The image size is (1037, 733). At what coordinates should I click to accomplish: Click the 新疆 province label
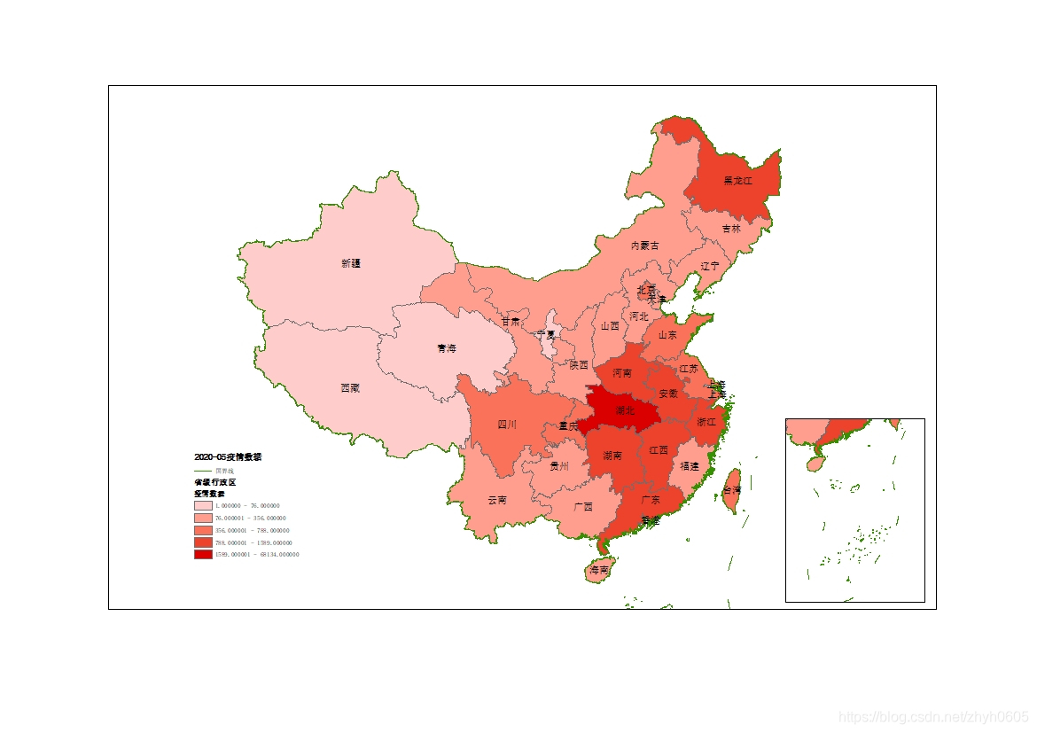point(351,263)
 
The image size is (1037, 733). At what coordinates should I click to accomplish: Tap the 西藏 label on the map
point(350,388)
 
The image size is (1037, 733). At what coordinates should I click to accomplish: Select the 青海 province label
point(447,349)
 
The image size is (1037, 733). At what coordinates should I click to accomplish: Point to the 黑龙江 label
point(737,181)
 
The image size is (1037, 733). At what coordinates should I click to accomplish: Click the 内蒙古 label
point(644,246)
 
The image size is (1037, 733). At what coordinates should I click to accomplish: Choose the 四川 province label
point(506,425)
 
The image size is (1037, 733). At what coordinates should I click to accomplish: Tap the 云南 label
point(497,500)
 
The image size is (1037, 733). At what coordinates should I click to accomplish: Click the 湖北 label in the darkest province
point(624,410)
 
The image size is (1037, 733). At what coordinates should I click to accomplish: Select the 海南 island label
point(599,571)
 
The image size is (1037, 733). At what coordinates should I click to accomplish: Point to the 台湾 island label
point(731,490)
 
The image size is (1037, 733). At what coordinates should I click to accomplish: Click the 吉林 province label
point(730,229)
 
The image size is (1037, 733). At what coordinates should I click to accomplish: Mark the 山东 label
point(667,335)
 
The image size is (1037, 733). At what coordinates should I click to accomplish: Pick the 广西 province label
point(583,507)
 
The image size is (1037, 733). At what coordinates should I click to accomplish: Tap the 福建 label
point(690,466)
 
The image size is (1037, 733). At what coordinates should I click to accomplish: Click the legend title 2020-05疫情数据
point(228,456)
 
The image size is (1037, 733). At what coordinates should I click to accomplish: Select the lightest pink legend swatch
point(203,505)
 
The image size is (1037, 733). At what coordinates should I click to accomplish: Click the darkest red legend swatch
point(203,554)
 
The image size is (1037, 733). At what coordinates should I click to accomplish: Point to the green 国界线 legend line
point(203,470)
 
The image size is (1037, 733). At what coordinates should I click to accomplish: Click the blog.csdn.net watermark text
point(932,717)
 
